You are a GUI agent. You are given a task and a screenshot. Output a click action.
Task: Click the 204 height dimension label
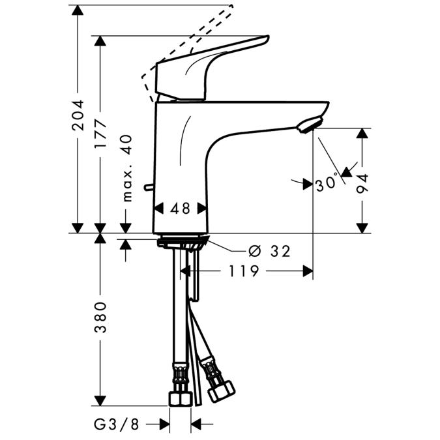(x=78, y=116)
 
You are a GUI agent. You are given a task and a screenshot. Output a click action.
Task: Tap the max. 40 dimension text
(x=126, y=168)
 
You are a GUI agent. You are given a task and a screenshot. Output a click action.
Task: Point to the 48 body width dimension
(x=180, y=209)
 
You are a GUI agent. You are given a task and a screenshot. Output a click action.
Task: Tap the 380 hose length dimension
(x=100, y=317)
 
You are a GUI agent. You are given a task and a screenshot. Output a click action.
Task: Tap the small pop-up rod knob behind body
(x=152, y=188)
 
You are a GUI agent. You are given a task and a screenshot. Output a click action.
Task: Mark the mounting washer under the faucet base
(x=182, y=243)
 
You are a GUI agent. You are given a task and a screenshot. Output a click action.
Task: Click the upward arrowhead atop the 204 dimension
(x=78, y=8)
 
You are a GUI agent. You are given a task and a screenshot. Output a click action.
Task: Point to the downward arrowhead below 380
(x=100, y=400)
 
